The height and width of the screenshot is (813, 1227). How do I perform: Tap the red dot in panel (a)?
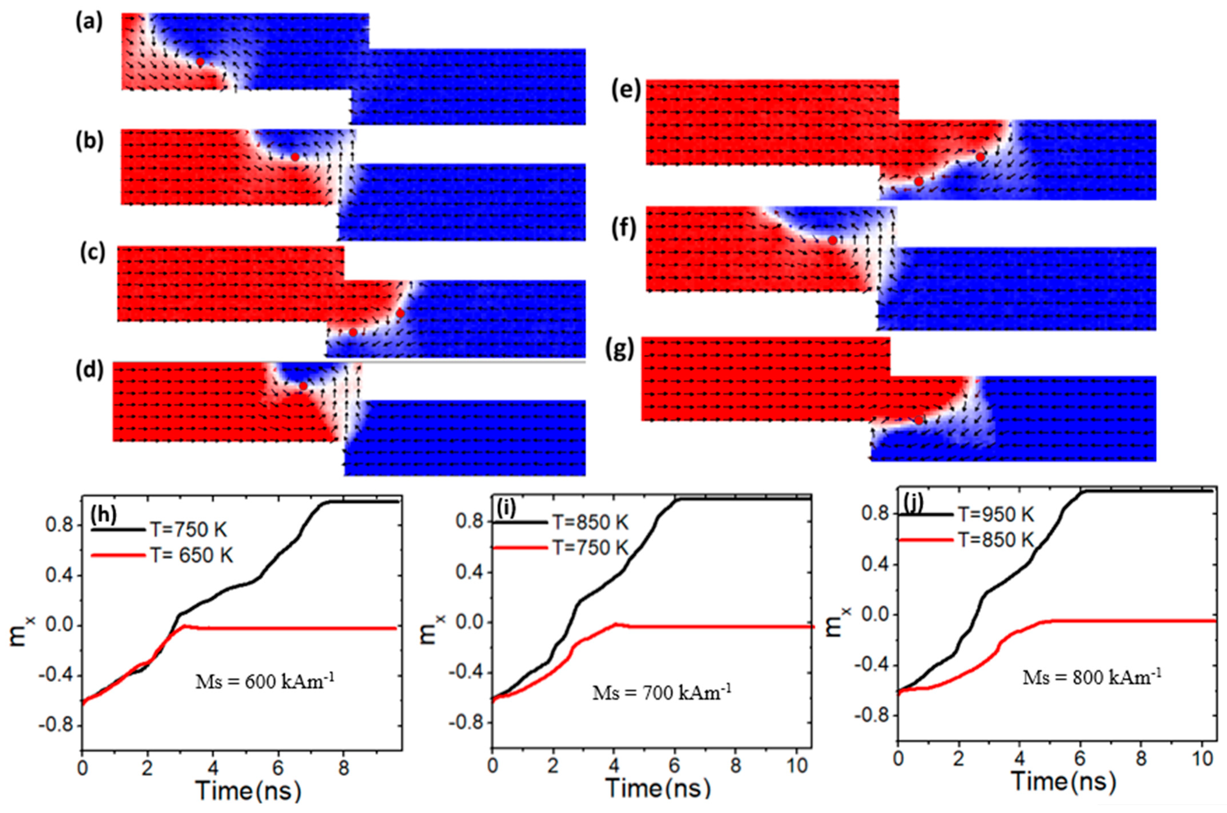[x=200, y=62]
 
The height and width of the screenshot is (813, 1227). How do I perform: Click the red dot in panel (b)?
[x=295, y=156]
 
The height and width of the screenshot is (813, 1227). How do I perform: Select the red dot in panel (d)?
[x=303, y=386]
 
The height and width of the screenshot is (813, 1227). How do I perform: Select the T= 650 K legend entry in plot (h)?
[x=192, y=555]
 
